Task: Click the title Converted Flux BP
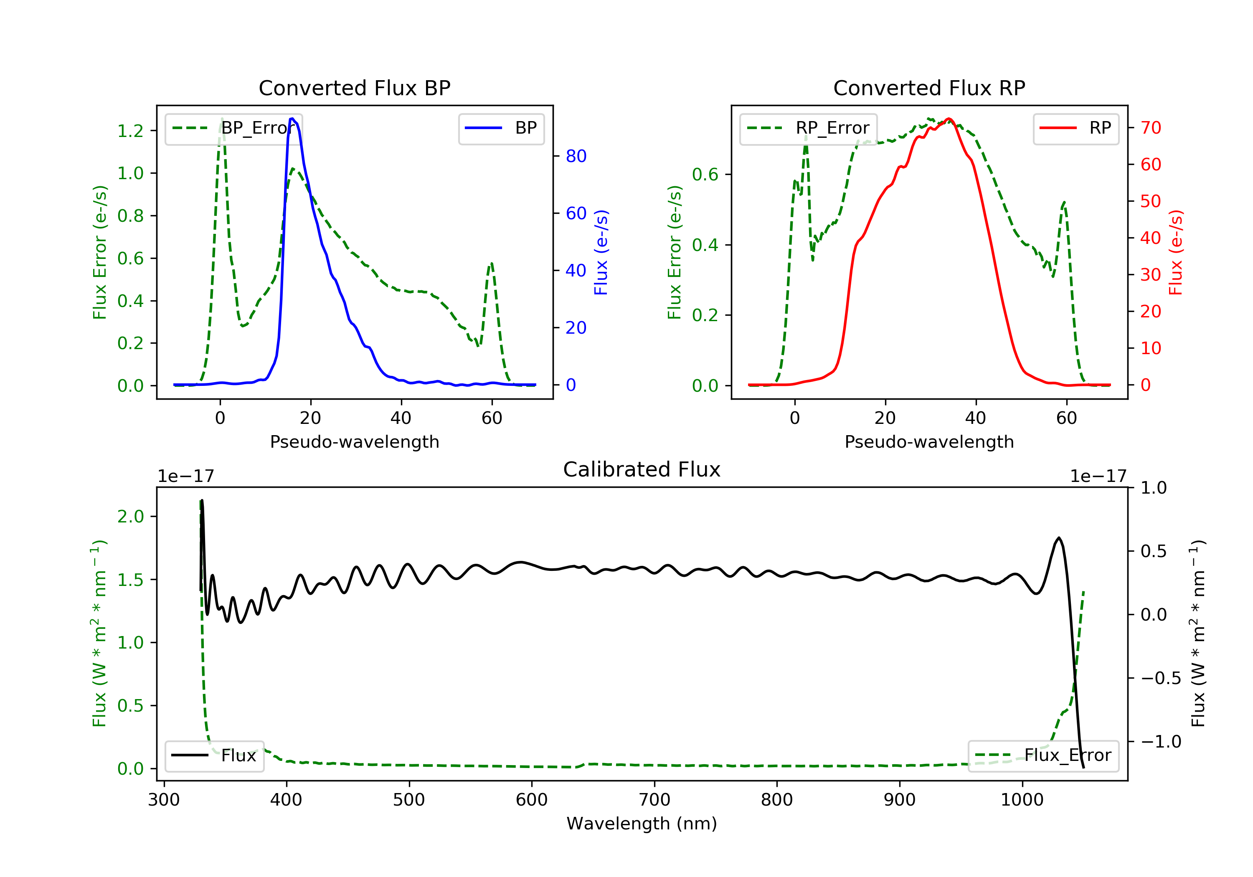pos(354,88)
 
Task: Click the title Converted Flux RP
pos(929,88)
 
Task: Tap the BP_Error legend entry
pos(233,128)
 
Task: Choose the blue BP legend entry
pos(501,128)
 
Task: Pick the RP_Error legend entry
pos(808,128)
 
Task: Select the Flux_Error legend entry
pos(1043,755)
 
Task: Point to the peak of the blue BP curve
pos(292,119)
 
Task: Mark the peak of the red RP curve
pos(949,119)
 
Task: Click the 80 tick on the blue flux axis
pos(576,156)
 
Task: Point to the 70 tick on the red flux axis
pos(1150,128)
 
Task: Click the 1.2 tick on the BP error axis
pos(130,131)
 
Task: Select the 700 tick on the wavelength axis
pos(654,800)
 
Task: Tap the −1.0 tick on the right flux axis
pos(1161,742)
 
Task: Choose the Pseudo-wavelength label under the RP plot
pos(929,442)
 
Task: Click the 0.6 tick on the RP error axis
pos(705,175)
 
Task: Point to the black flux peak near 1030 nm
pos(1059,538)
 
